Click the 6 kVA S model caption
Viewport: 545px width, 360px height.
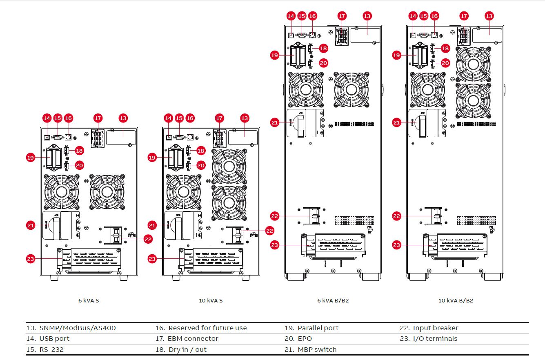pyautogui.click(x=89, y=300)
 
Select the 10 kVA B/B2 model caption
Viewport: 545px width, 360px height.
pyautogui.click(x=456, y=300)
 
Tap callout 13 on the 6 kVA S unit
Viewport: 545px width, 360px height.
pyautogui.click(x=123, y=118)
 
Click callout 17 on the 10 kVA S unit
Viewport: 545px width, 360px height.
pyautogui.click(x=220, y=118)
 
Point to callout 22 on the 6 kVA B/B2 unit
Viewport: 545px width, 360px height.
pyautogui.click(x=275, y=216)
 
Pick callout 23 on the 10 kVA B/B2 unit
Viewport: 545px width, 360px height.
pyautogui.click(x=397, y=245)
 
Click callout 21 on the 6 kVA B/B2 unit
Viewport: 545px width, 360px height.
pyautogui.click(x=275, y=122)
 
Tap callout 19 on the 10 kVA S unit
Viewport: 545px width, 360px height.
pyautogui.click(x=152, y=157)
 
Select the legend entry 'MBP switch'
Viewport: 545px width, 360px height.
pyautogui.click(x=317, y=349)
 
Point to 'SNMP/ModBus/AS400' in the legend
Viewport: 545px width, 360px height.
pyautogui.click(x=77, y=328)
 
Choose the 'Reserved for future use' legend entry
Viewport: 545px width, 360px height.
pyautogui.click(x=207, y=328)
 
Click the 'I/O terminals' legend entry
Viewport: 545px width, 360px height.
pyautogui.click(x=435, y=338)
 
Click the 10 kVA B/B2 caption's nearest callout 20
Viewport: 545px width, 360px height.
pyautogui.click(x=445, y=63)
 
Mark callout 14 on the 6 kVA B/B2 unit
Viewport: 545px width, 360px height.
pyautogui.click(x=291, y=16)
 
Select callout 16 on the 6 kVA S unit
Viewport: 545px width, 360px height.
pyautogui.click(x=68, y=118)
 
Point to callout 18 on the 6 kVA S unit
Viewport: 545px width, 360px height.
pyautogui.click(x=79, y=151)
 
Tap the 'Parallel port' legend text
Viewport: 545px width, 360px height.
pyautogui.click(x=318, y=328)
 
